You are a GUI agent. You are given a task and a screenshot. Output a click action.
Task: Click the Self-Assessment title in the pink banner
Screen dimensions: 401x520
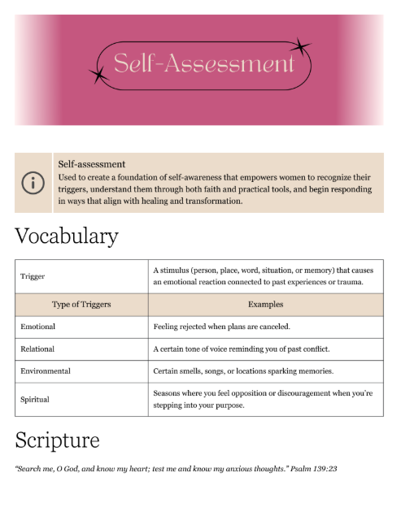203,64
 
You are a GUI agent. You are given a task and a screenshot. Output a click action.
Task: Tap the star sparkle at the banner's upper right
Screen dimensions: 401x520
302,47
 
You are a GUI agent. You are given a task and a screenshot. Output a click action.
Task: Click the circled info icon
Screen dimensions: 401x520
33,182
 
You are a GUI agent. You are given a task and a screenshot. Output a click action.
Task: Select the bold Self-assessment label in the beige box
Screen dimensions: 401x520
91,164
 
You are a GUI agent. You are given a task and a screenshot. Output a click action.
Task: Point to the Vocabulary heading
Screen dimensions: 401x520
67,236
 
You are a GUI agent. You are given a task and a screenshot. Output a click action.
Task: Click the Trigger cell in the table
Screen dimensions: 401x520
33,276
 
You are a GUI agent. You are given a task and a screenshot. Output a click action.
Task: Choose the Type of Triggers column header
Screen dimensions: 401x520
81,305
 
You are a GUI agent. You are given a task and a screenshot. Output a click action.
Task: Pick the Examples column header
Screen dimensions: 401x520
265,305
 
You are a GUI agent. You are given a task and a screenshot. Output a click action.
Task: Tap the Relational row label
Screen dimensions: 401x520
37,349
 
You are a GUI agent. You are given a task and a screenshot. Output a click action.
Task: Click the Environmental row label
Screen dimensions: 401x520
46,371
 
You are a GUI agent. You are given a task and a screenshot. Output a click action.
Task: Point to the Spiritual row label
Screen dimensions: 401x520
35,400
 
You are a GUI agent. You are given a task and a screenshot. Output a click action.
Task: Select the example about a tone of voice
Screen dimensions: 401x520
241,349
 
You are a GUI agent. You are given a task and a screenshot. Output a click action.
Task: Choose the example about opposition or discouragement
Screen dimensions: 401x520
263,399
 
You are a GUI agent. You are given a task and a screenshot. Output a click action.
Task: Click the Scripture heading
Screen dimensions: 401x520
57,440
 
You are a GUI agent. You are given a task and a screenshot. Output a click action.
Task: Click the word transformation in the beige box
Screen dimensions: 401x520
214,201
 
